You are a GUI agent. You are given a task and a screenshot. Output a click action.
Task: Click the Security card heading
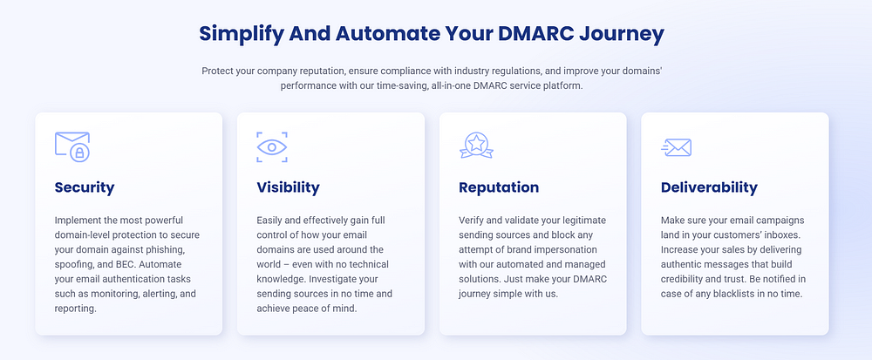[x=85, y=187]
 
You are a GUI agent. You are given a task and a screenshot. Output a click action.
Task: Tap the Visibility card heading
[x=288, y=187]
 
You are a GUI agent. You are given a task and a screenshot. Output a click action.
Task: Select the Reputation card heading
[x=499, y=187]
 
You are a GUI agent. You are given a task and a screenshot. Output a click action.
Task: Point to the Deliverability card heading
[x=709, y=187]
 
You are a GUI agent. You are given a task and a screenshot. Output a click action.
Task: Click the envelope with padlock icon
[x=72, y=146]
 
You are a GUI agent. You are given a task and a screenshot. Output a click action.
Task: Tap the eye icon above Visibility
[x=272, y=147]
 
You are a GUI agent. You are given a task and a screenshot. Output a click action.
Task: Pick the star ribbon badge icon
[x=477, y=145]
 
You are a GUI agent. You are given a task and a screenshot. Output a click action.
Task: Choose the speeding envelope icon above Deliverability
[x=677, y=147]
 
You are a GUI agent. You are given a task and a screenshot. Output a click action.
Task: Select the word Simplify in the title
[x=240, y=35]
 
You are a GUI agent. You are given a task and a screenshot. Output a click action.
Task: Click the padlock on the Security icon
[x=80, y=153]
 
